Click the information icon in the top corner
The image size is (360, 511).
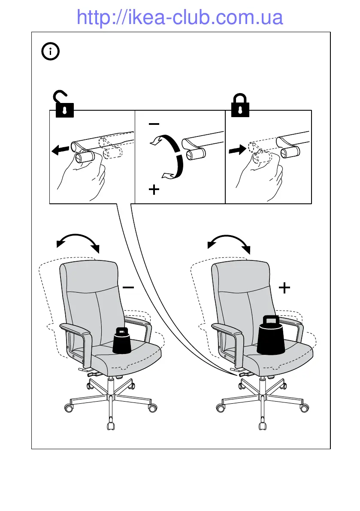pos(51,52)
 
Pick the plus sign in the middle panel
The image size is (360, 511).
pos(154,190)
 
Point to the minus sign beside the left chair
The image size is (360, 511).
pos(128,287)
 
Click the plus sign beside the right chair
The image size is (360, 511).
pos(284,287)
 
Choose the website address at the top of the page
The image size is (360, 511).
pos(180,18)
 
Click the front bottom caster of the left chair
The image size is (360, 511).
pos(111,426)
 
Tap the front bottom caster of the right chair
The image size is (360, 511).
pos(262,426)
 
